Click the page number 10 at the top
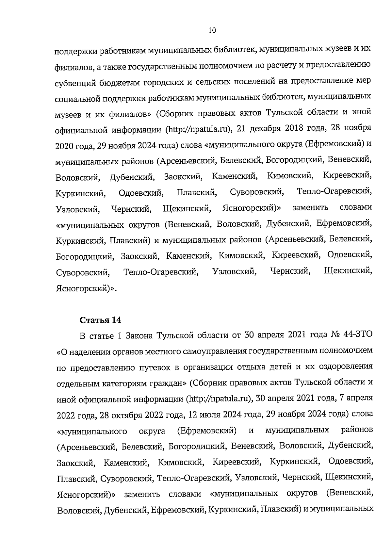pyautogui.click(x=212, y=30)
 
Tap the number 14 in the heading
pyautogui.click(x=116, y=320)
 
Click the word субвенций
pyautogui.click(x=75, y=83)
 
